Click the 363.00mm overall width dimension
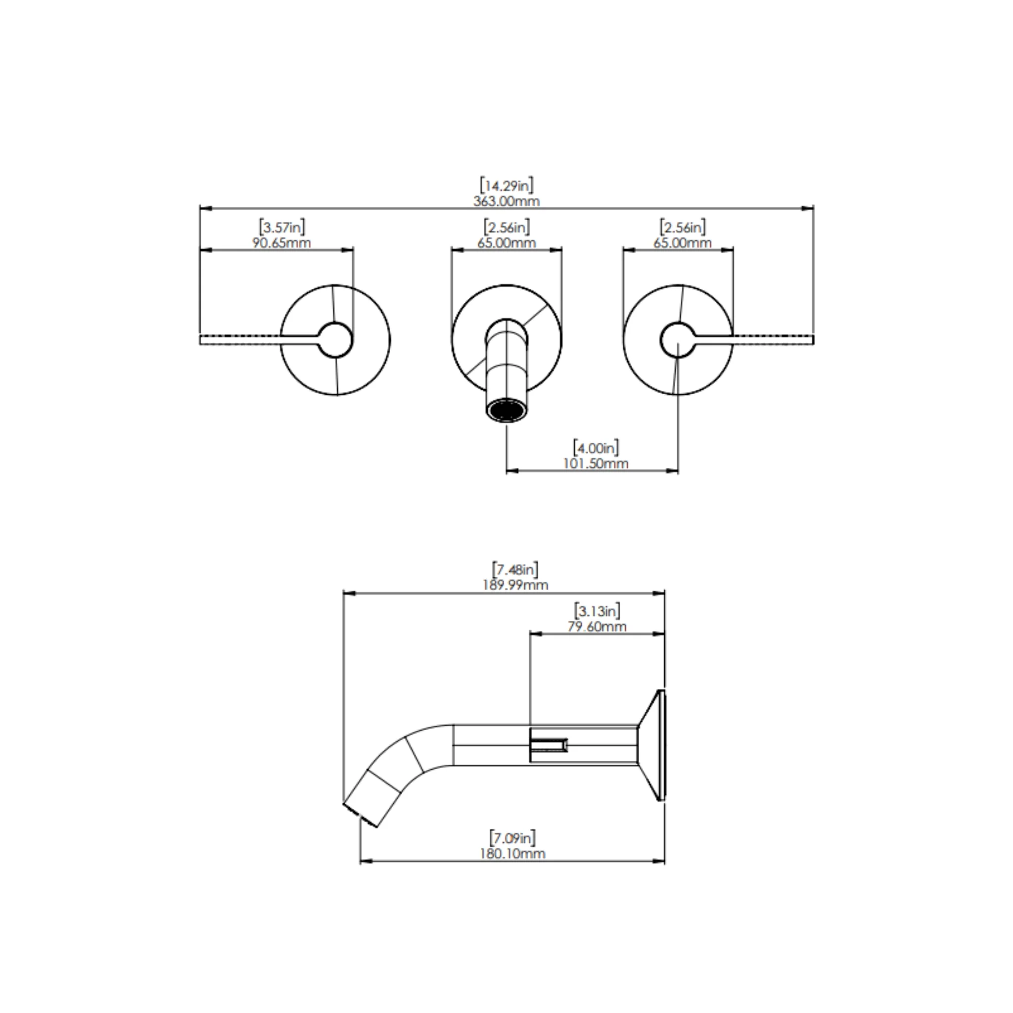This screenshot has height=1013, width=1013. [x=506, y=201]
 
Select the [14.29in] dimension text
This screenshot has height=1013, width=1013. [x=507, y=185]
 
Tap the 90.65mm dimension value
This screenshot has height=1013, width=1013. [x=281, y=243]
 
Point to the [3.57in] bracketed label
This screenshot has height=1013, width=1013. [x=282, y=228]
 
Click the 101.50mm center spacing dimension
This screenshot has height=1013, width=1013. [x=596, y=464]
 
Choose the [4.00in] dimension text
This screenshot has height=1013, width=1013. [x=596, y=448]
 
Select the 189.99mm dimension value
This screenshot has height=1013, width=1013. [x=515, y=586]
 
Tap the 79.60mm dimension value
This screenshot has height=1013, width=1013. [x=597, y=627]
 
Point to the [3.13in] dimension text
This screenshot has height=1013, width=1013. [x=597, y=611]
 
